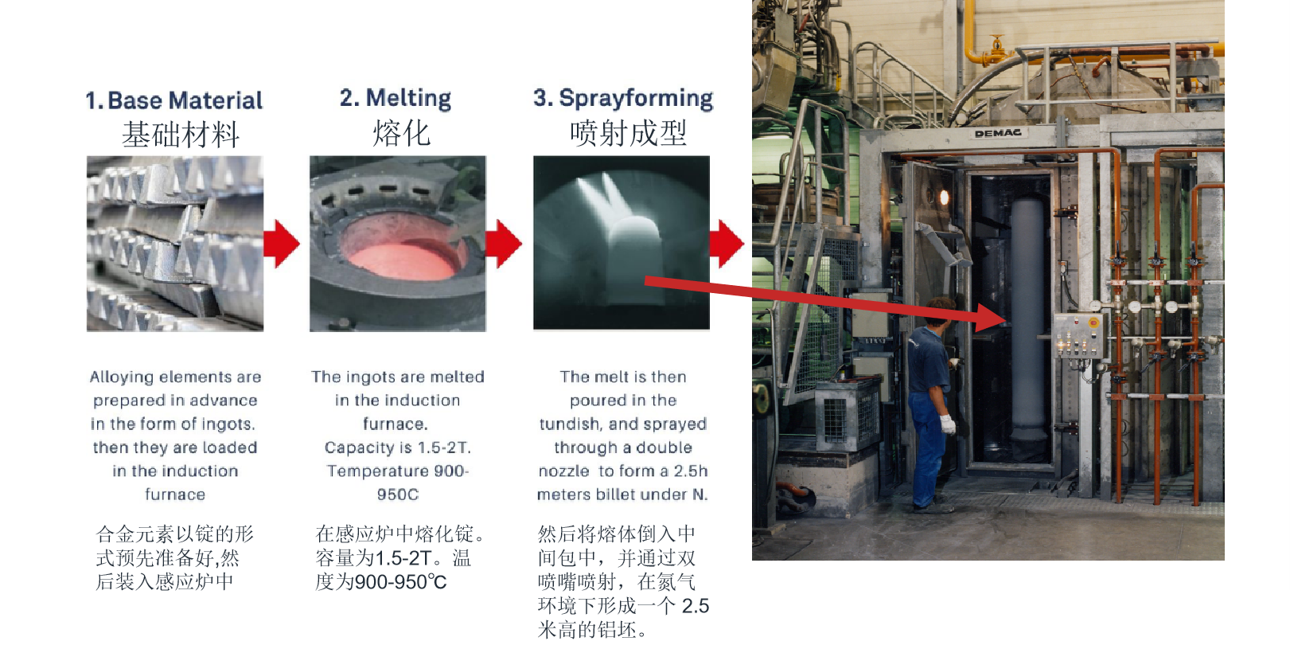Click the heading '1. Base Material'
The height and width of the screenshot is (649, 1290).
(174, 100)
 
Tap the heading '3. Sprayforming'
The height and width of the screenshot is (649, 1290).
(623, 98)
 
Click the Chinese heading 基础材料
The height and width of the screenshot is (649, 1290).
(181, 135)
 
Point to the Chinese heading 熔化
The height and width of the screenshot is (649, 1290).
(401, 133)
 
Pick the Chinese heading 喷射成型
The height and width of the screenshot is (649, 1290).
(629, 133)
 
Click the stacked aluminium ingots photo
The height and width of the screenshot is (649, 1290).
(175, 243)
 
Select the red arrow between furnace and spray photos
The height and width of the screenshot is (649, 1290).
(503, 243)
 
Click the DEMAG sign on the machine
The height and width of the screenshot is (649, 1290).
(998, 133)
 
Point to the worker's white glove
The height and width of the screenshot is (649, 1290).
(947, 424)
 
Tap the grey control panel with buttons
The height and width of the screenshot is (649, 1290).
(1078, 335)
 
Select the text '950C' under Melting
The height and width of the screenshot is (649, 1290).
(397, 495)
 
